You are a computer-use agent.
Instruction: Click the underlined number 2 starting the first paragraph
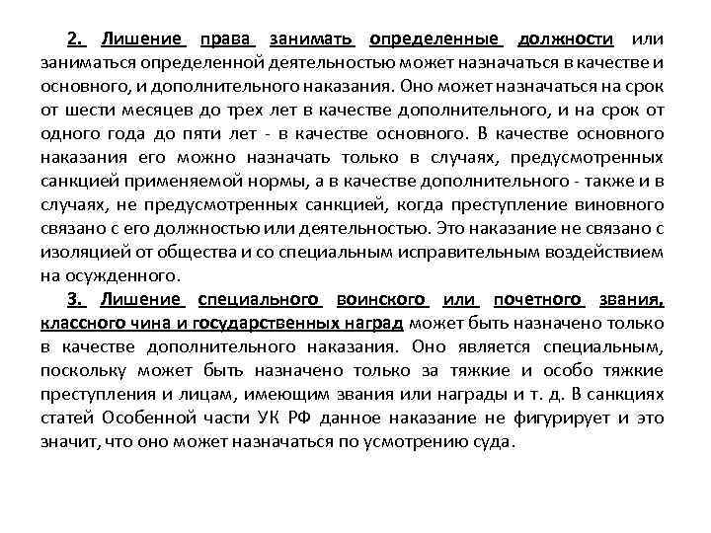(x=75, y=39)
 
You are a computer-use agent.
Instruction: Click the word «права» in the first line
(x=228, y=39)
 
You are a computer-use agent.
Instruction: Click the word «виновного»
(x=621, y=204)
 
